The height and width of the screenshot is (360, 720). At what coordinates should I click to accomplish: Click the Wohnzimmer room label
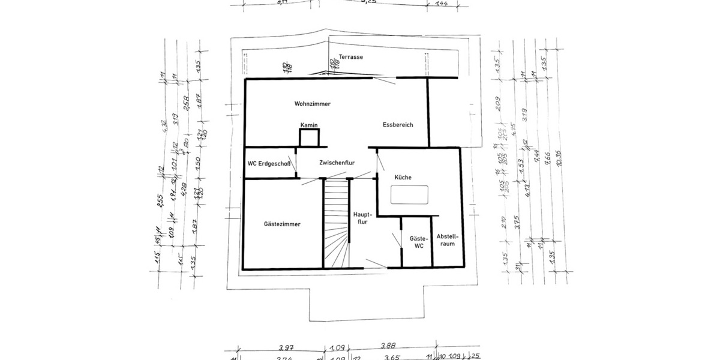tap(312, 104)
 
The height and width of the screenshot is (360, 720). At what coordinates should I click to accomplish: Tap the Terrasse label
tap(350, 57)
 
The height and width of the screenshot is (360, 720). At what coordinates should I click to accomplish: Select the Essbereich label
tap(398, 125)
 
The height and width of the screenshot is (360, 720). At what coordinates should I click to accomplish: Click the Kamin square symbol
tap(309, 138)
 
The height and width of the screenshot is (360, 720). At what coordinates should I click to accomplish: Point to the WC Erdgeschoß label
tap(269, 164)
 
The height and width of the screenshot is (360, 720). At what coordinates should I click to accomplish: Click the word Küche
tap(403, 178)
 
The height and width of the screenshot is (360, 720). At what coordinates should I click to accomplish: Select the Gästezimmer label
tap(282, 224)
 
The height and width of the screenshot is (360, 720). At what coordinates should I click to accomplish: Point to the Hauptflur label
tap(363, 218)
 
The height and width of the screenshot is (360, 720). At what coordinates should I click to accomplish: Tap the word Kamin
tap(309, 125)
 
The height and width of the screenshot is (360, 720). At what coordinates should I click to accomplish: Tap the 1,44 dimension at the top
tap(440, 4)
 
